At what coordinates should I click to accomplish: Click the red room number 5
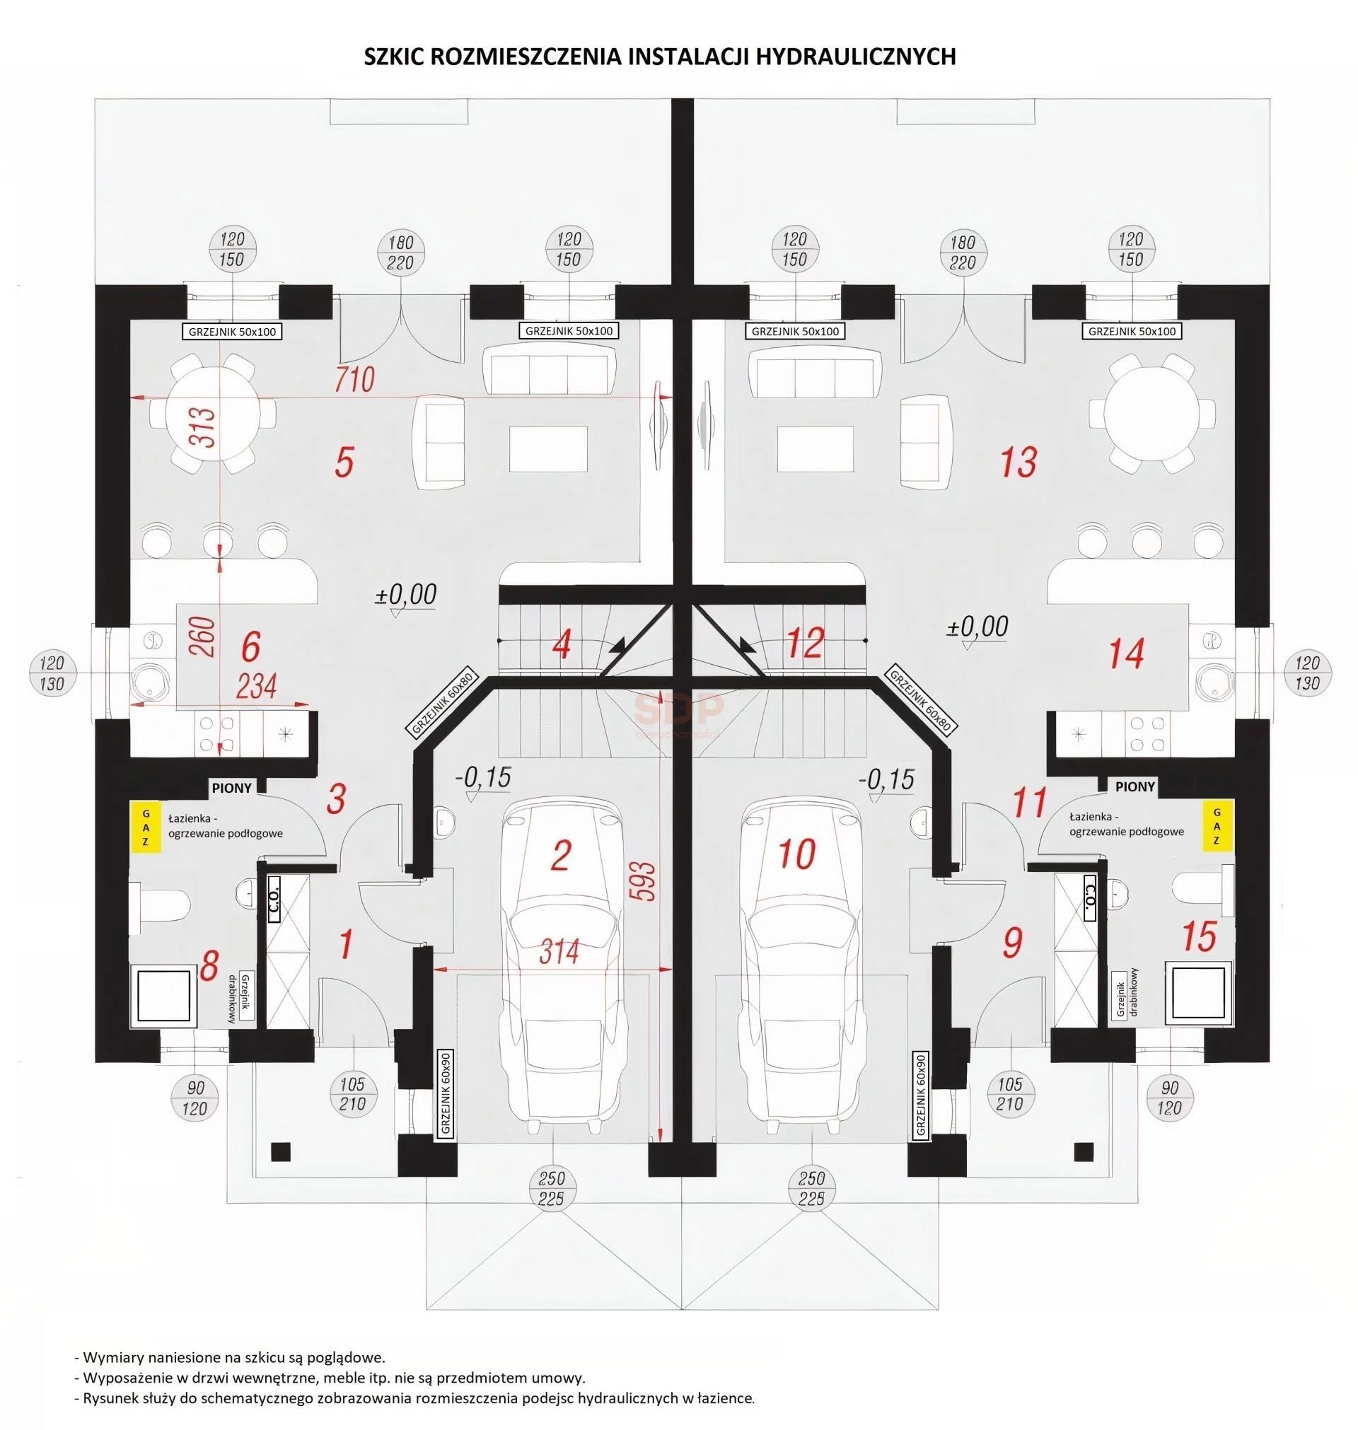[x=344, y=463]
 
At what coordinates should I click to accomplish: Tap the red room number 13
[x=1018, y=462]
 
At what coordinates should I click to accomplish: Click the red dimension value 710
[x=354, y=379]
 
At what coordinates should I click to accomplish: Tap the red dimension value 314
[x=559, y=952]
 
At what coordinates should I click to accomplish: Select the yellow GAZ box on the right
[x=1217, y=825]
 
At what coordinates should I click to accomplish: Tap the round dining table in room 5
[x=212, y=413]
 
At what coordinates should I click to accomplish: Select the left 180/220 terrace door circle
[x=400, y=252]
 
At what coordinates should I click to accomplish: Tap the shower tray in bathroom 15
[x=1198, y=994]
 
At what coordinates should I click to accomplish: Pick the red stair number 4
[x=561, y=645]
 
